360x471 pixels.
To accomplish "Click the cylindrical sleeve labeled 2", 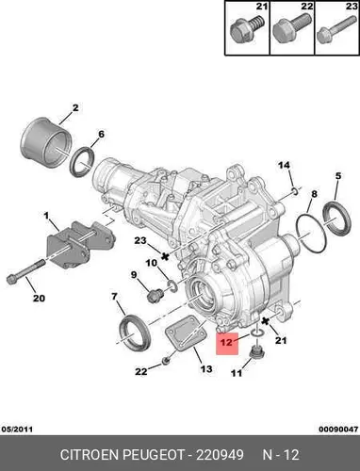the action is click(44, 143).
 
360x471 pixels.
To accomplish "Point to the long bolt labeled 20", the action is click(25, 271).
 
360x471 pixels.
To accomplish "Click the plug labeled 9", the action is click(155, 296).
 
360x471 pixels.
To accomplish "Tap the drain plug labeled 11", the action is click(256, 352).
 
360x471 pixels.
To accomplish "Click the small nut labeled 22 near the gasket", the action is click(166, 361).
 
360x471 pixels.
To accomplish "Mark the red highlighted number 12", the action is click(226, 342).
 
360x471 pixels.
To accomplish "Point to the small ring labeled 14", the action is click(295, 190).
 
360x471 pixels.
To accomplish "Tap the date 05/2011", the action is click(17, 429).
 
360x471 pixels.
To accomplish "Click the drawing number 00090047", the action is click(338, 429).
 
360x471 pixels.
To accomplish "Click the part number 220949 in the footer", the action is click(220, 455).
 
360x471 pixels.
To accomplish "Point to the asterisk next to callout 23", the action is click(164, 256).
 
